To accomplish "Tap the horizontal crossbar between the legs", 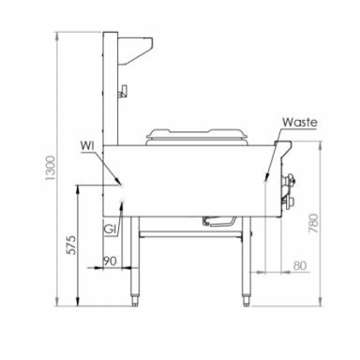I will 192,232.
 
